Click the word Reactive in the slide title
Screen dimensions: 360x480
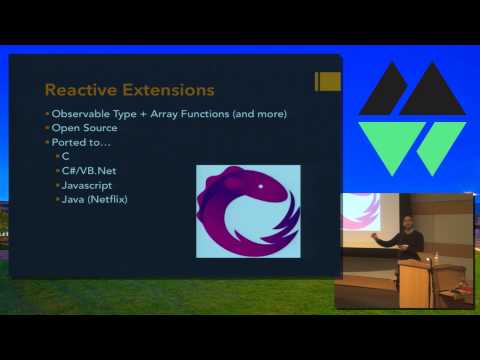pos(80,89)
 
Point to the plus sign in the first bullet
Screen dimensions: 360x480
pos(147,113)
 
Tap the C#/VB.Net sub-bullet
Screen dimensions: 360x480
pos(86,171)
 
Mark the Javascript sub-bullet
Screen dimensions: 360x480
pos(87,185)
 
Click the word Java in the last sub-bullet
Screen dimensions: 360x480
pos(74,200)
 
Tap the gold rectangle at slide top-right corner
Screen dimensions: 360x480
pos(328,81)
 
